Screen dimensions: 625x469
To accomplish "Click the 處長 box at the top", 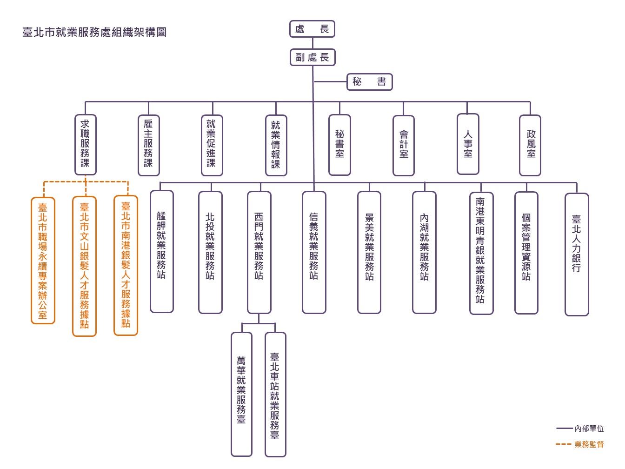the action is click(312, 29).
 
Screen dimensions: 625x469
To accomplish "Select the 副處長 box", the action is click(312, 57).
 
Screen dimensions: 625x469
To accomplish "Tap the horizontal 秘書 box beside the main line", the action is click(369, 82).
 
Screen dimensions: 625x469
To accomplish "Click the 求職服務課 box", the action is click(86, 145).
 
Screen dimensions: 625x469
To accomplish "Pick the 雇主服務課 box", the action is click(149, 145).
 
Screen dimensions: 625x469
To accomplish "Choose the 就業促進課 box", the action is click(212, 145).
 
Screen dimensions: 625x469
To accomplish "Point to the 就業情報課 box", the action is click(276, 145).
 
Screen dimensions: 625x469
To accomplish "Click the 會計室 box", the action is click(403, 145).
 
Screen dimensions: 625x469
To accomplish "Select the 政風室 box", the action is click(530, 145).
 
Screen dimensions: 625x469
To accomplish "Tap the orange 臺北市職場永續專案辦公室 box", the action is click(43, 261).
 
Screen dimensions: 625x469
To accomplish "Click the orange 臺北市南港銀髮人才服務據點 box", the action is click(126, 265).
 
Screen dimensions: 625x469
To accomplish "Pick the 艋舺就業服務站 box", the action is click(162, 251).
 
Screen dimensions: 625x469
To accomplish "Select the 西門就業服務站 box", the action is click(259, 252).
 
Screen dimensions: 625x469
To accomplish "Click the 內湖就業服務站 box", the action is click(424, 252).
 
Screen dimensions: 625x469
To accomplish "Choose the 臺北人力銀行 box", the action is click(577, 255).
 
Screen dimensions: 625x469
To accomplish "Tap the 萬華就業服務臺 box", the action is click(241, 395).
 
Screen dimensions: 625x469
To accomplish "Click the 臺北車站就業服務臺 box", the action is click(275, 395).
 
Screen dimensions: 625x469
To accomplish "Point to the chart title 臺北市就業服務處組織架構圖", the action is click(94, 32).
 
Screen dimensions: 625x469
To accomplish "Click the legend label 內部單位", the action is click(589, 429).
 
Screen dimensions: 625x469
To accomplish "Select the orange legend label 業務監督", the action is click(589, 444).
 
